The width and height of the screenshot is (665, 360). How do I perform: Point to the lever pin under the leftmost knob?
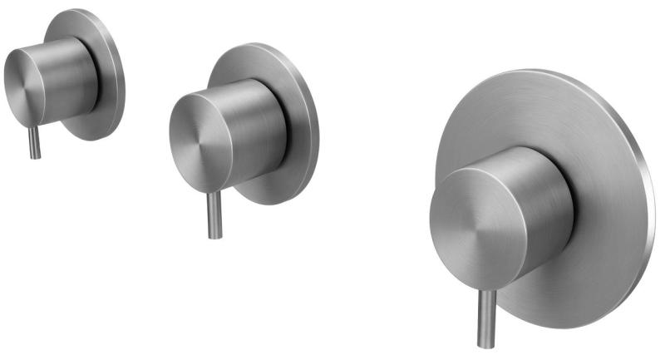pyautogui.click(x=35, y=141)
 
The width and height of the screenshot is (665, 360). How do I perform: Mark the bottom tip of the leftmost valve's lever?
pyautogui.click(x=35, y=156)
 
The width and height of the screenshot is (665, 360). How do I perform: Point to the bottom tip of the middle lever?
pyautogui.click(x=214, y=236)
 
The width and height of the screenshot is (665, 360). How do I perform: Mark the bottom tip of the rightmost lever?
pyautogui.click(x=485, y=344)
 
